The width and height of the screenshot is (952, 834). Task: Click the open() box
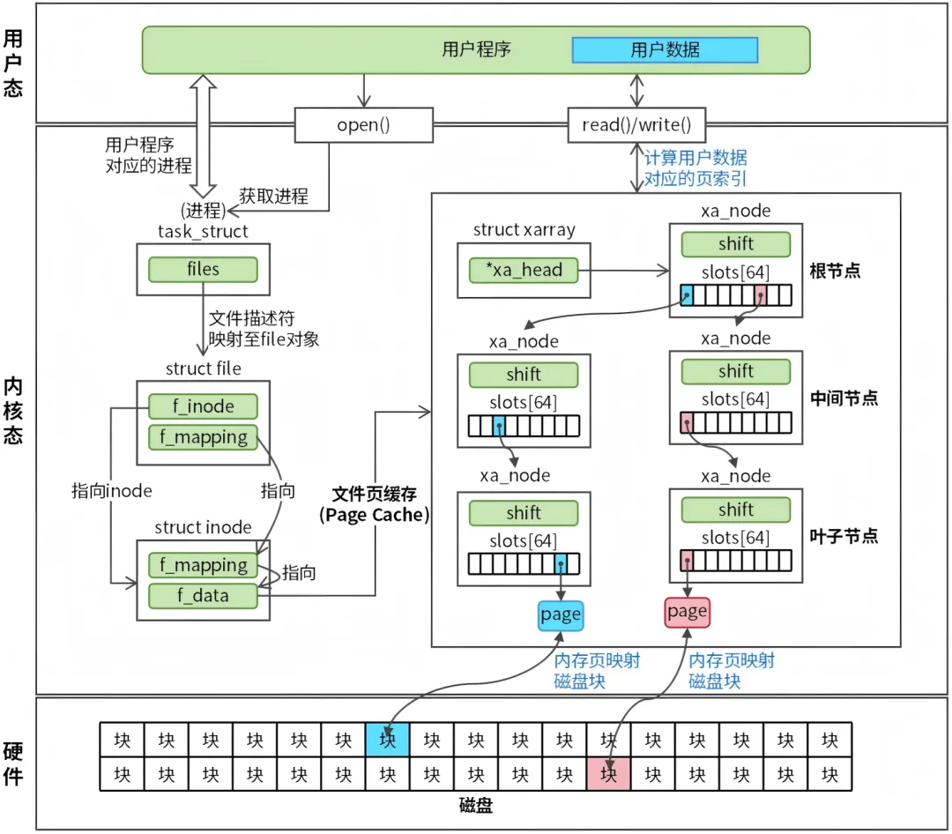point(363,125)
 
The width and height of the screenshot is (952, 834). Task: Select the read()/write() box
point(636,125)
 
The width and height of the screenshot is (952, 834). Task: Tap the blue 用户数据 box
point(665,49)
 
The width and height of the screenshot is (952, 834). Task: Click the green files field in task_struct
point(203,269)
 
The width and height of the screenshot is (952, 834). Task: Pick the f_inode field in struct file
point(204,406)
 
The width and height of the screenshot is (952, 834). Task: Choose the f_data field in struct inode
point(204,596)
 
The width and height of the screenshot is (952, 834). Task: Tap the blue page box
point(561,614)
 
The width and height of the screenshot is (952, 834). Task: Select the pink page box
point(688,611)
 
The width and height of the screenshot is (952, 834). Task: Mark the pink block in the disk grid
point(608,774)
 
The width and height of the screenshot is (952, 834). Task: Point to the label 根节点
point(835,270)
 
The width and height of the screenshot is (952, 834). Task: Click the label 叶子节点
point(844,536)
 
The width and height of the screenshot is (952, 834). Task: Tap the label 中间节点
point(844,398)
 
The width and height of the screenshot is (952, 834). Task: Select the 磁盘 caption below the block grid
point(476,807)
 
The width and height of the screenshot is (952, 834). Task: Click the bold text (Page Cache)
point(374,516)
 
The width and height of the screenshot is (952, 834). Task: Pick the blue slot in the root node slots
point(688,299)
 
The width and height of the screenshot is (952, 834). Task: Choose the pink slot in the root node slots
point(759,299)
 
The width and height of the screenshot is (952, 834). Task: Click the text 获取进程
point(274,196)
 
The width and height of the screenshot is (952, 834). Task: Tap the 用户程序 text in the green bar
point(476,49)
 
